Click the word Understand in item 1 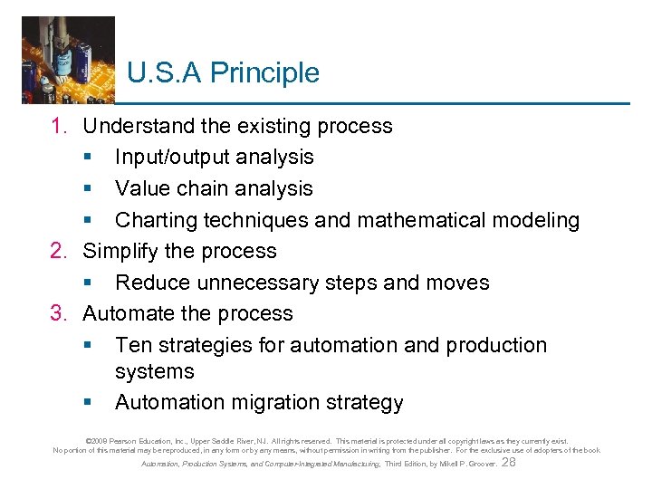[x=139, y=126]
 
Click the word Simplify [x=118, y=251]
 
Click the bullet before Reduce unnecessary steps [x=88, y=283]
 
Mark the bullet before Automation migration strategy [x=88, y=403]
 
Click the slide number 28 [x=509, y=463]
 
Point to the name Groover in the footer [x=479, y=464]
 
